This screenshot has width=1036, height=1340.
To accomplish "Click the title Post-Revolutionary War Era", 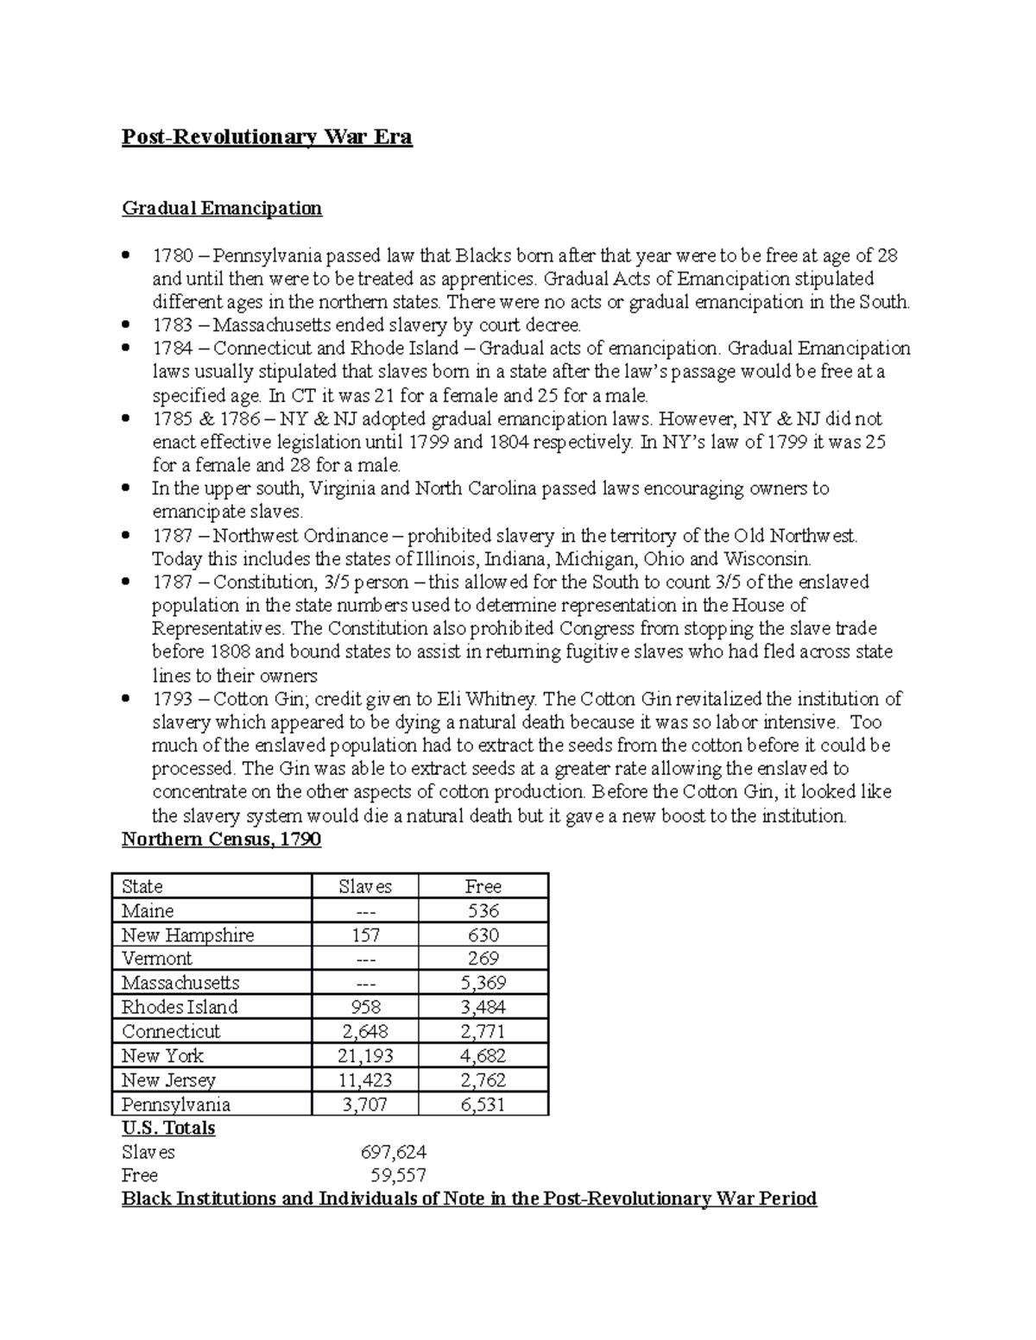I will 267,137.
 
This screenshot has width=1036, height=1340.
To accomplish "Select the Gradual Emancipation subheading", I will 222,208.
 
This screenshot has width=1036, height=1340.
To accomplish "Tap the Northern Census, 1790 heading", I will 221,840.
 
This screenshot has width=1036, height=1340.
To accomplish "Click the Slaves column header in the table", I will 364,886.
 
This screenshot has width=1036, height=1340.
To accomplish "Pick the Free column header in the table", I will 483,886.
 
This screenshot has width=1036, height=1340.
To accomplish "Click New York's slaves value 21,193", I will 365,1055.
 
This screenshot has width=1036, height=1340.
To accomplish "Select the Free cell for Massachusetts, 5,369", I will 483,983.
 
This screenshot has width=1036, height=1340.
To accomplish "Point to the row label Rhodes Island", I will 180,1007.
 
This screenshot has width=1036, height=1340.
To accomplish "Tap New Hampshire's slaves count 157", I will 365,934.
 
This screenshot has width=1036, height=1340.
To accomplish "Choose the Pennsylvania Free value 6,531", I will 483,1104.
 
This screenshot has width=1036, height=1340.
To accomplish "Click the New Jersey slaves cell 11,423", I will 365,1079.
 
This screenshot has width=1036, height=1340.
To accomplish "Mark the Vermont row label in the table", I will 157,959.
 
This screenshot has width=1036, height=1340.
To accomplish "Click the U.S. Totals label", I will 168,1128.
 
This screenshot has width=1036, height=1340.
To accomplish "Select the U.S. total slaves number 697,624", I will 393,1152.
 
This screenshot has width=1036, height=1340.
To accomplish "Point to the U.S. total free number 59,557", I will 398,1175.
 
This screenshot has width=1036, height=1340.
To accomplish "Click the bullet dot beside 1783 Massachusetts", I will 127,325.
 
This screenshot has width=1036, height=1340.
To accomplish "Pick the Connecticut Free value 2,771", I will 483,1031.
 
